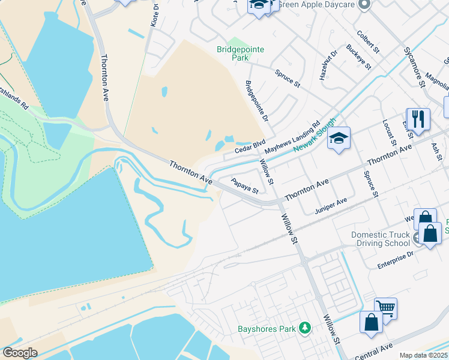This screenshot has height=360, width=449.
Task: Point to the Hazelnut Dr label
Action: (328, 65)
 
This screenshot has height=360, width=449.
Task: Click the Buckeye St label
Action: (359, 57)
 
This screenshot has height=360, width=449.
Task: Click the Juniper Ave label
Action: (331, 206)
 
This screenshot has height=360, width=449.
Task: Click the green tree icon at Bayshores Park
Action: (306, 328)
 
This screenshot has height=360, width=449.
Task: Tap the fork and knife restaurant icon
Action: (418, 118)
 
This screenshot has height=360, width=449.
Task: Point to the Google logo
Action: (20, 353)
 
